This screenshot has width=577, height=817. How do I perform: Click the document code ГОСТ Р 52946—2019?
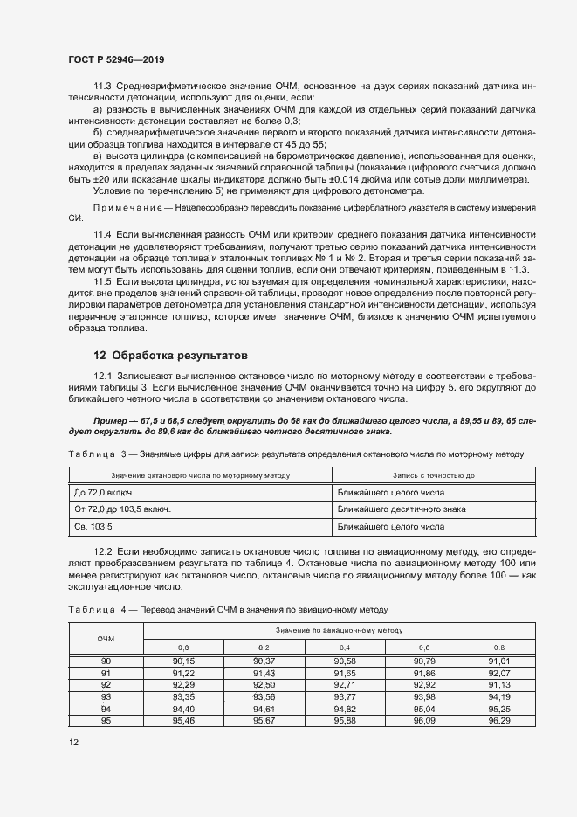click(x=116, y=59)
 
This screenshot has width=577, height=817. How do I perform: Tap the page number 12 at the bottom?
click(x=74, y=742)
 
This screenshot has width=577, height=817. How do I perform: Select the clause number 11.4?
click(x=104, y=236)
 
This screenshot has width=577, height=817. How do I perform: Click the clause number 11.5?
click(x=104, y=282)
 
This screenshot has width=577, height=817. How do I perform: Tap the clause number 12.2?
click(x=104, y=554)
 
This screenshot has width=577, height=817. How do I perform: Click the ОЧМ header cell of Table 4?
click(x=106, y=639)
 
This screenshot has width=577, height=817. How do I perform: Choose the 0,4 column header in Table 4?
click(x=344, y=647)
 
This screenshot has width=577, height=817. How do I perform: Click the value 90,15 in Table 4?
click(x=183, y=661)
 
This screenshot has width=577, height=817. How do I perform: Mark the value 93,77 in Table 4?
click(x=344, y=696)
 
